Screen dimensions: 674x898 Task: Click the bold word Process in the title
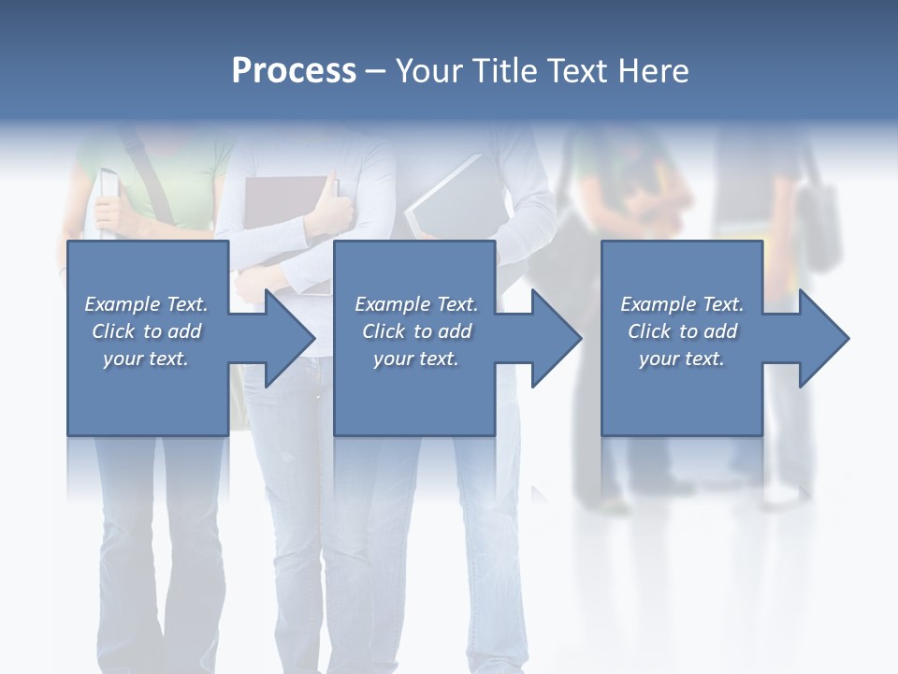(x=294, y=71)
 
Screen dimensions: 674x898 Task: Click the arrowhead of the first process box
(x=290, y=338)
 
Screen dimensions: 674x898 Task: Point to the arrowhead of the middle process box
(x=556, y=338)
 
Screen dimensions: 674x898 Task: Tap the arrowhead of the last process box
(x=824, y=338)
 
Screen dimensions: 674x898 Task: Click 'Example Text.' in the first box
(x=146, y=304)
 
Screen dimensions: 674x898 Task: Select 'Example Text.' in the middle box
(x=416, y=304)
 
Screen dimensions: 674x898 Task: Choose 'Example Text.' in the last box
(x=682, y=304)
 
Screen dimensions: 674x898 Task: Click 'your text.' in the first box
(x=146, y=359)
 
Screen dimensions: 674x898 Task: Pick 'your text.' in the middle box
(x=416, y=359)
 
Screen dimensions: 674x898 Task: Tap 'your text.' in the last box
(x=682, y=359)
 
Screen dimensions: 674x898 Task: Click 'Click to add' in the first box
(x=146, y=331)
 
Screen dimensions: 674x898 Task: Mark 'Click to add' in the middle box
(x=416, y=331)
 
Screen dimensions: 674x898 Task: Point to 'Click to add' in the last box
(x=682, y=331)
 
